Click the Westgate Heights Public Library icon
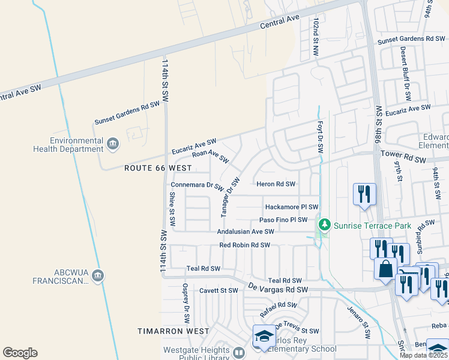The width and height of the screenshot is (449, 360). coord(239,353)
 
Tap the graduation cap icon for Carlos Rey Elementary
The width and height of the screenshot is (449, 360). coord(264,337)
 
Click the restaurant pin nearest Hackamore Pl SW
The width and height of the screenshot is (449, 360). coord(364,194)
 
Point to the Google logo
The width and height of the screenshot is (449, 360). coord(20,352)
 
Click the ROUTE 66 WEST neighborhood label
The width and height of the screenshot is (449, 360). coord(158,169)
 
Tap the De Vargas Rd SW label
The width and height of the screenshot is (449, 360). coord(279,289)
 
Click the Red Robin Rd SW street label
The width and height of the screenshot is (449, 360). coord(244,245)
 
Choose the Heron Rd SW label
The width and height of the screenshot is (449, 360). coord(276,184)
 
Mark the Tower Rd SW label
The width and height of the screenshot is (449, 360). coord(403,157)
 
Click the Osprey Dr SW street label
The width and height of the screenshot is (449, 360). coord(187,304)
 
